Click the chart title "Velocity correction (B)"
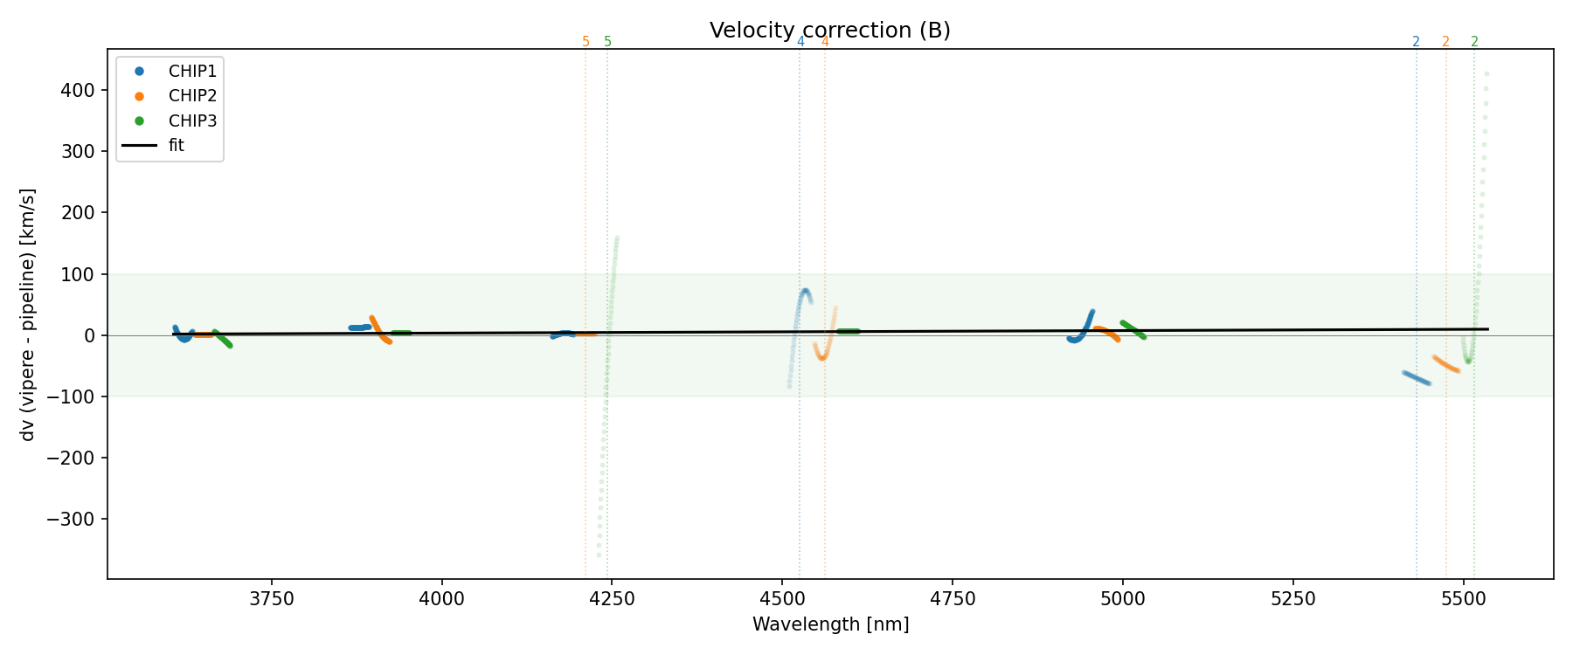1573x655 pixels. pyautogui.click(x=829, y=31)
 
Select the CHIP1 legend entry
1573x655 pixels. pyautogui.click(x=192, y=71)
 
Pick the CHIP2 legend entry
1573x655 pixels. pyautogui.click(x=192, y=96)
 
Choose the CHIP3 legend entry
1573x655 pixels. pyautogui.click(x=192, y=121)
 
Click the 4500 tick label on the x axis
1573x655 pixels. pyautogui.click(x=782, y=599)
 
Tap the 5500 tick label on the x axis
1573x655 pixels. pyautogui.click(x=1463, y=599)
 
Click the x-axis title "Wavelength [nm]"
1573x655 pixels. pyautogui.click(x=830, y=624)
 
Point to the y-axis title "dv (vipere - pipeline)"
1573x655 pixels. pyautogui.click(x=28, y=314)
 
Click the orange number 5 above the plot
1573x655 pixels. pyautogui.click(x=586, y=42)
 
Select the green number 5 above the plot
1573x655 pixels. pyautogui.click(x=608, y=42)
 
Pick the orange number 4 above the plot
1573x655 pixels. pyautogui.click(x=825, y=42)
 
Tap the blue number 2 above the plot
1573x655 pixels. pyautogui.click(x=1416, y=42)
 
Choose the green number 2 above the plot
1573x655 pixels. pyautogui.click(x=1474, y=42)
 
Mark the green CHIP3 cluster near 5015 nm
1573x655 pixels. pyautogui.click(x=1133, y=329)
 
